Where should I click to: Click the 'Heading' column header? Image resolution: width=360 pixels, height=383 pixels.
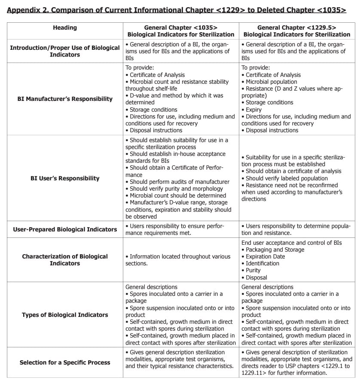click(x=65, y=27)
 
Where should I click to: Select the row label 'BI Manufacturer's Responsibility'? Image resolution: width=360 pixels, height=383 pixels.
click(x=65, y=99)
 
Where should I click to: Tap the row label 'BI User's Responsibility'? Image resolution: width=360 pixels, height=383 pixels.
click(x=65, y=178)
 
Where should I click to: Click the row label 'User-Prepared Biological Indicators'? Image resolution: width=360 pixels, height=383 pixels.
click(x=65, y=229)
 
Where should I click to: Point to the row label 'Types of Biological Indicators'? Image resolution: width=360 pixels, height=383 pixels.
click(x=65, y=315)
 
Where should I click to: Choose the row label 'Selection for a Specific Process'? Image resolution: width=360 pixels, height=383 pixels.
click(x=65, y=362)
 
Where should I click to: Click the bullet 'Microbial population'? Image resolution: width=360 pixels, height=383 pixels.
click(x=271, y=82)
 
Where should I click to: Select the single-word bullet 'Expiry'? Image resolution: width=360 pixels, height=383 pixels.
click(x=253, y=109)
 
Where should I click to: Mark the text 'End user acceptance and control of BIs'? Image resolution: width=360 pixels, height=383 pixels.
click(x=292, y=243)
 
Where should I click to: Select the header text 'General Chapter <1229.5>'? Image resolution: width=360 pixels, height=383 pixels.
click(x=296, y=27)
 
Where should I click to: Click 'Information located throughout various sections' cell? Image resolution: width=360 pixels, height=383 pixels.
click(x=178, y=260)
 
